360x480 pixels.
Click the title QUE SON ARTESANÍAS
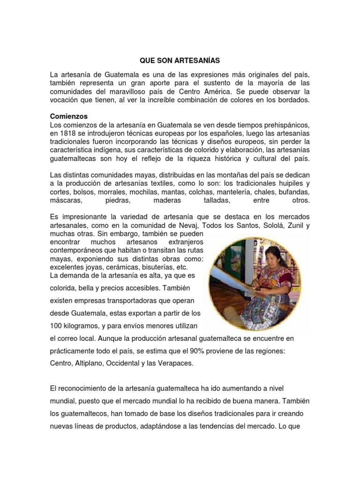[x=180, y=60]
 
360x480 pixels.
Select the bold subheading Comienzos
[x=68, y=116]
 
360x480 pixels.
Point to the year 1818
[x=65, y=133]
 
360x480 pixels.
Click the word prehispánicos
[x=286, y=125]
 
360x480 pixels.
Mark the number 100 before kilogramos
[x=56, y=325]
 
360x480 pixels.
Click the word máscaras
[x=66, y=200]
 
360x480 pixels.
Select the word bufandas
[x=295, y=192]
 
